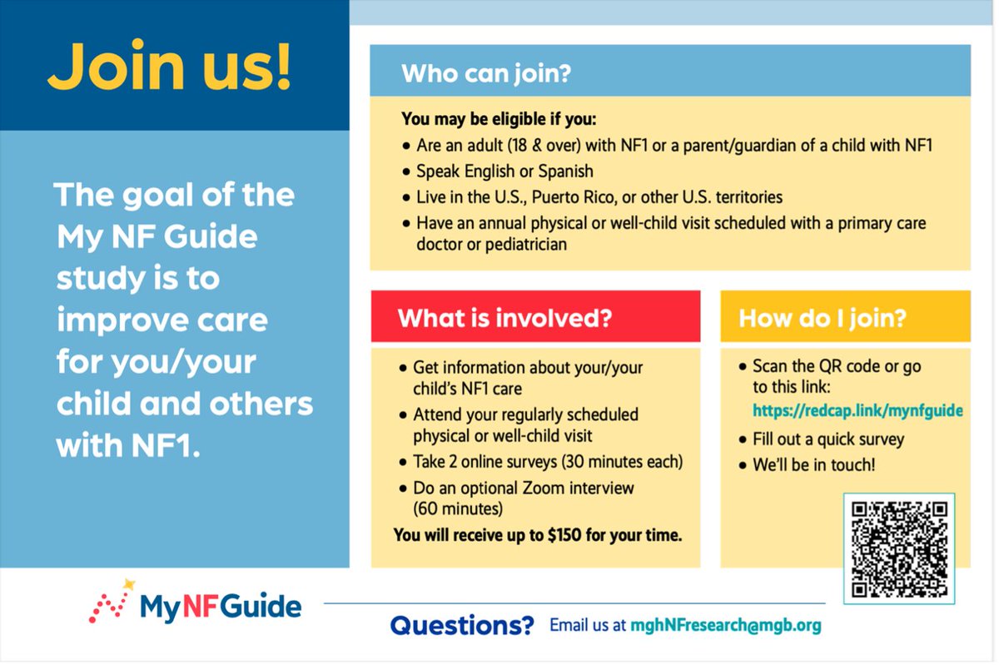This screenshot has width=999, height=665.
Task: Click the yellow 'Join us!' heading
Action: (x=170, y=67)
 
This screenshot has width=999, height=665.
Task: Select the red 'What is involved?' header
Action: (x=504, y=318)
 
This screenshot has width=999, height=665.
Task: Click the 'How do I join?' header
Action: (x=822, y=318)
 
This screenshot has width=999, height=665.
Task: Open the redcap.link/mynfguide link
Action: (x=857, y=410)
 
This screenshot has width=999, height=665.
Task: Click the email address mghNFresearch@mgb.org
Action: (x=725, y=625)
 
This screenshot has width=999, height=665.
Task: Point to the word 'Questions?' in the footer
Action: (x=461, y=625)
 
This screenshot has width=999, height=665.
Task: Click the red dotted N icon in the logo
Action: (x=109, y=608)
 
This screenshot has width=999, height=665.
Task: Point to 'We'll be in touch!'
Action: (x=813, y=465)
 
